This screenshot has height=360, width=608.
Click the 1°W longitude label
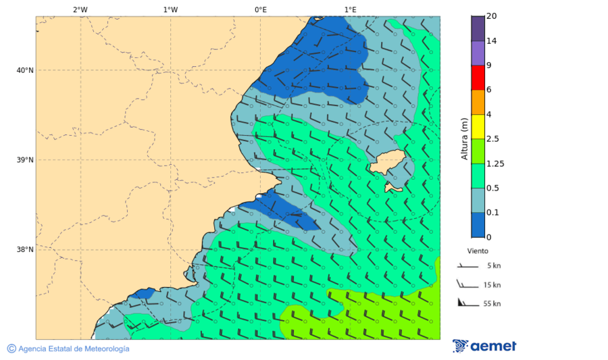(x=170, y=9)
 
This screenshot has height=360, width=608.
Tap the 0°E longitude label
(x=260, y=9)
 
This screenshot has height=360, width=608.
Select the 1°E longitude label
(x=350, y=9)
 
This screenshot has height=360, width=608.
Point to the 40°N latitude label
(x=25, y=70)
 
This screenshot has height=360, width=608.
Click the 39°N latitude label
(x=25, y=160)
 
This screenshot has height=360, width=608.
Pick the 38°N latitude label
(x=25, y=250)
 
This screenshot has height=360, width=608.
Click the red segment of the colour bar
(x=478, y=77)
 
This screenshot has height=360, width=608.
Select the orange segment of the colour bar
(x=478, y=102)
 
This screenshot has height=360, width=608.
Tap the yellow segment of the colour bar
(x=478, y=126)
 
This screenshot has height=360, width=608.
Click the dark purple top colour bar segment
(x=478, y=28)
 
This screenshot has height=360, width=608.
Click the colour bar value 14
(x=492, y=41)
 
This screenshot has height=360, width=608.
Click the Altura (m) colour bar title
(x=464, y=138)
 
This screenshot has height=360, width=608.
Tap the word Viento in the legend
(x=478, y=251)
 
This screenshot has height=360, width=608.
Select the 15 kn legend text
(x=492, y=285)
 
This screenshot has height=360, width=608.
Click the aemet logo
(x=484, y=346)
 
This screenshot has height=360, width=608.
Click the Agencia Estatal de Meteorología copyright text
(x=68, y=349)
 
